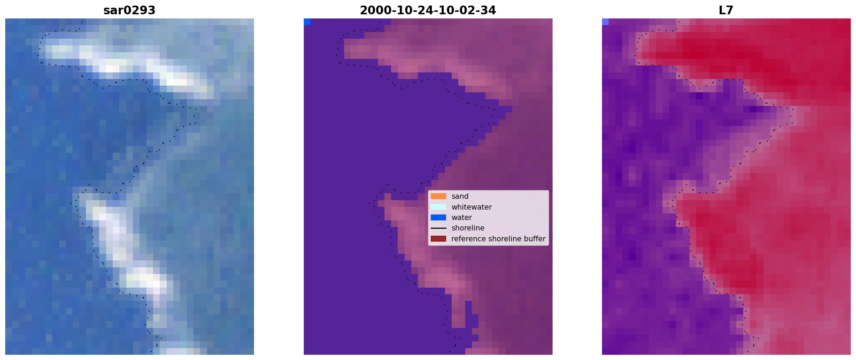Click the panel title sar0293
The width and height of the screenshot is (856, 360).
click(x=129, y=10)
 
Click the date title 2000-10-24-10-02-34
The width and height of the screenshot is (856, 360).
click(x=428, y=10)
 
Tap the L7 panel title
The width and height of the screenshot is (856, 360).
click(x=726, y=10)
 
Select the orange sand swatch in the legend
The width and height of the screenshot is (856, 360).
click(x=438, y=196)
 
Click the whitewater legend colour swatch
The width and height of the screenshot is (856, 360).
click(x=438, y=207)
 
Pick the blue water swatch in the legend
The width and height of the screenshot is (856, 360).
click(x=438, y=218)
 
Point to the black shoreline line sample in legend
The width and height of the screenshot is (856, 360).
click(x=438, y=228)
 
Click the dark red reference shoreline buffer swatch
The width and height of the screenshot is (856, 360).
click(x=438, y=238)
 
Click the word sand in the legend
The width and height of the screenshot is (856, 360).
click(x=460, y=196)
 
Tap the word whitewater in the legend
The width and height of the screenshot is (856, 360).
click(x=471, y=207)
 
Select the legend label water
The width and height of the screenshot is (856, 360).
click(x=462, y=218)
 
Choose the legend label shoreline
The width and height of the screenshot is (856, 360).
click(x=468, y=228)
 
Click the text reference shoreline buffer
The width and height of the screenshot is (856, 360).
click(x=498, y=239)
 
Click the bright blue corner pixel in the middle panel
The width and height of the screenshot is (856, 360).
click(x=307, y=22)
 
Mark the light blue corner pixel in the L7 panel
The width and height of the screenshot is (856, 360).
click(x=605, y=22)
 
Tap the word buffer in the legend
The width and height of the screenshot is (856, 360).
click(x=535, y=239)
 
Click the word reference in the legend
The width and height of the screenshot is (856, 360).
click(x=468, y=239)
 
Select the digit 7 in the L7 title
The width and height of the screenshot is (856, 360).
click(x=730, y=10)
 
